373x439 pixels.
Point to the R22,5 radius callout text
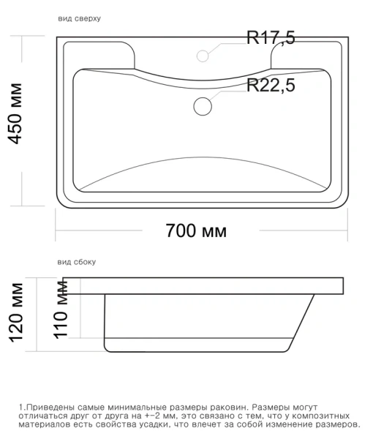270,86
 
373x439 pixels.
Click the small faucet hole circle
204,54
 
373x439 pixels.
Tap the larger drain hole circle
203,105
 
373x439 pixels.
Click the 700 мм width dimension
196,231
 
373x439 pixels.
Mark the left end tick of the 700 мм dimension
56,231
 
